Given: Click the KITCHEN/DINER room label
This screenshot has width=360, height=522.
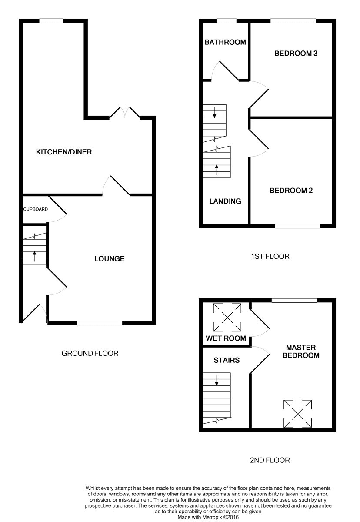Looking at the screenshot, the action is [x=64, y=152].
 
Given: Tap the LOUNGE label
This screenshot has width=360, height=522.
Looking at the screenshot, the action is [x=110, y=258].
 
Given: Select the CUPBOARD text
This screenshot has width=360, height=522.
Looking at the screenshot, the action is [x=35, y=209].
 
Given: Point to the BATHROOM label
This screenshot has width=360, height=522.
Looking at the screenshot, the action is [x=225, y=42].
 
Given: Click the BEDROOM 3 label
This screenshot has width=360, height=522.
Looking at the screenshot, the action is [x=296, y=54].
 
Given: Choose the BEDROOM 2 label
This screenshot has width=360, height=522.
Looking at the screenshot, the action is [x=291, y=191].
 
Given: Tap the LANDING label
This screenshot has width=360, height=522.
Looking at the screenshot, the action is [x=225, y=201].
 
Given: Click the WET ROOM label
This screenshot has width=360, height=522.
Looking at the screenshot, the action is [x=226, y=338].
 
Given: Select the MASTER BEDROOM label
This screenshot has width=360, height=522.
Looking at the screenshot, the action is [x=301, y=351].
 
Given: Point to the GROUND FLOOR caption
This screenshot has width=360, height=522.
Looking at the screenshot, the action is [x=90, y=353].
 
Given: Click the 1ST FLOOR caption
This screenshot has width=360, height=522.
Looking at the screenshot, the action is [x=270, y=256].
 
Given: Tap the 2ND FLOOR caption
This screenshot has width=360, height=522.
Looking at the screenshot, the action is [x=270, y=460].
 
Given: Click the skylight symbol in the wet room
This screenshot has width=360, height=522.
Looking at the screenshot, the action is [x=227, y=318].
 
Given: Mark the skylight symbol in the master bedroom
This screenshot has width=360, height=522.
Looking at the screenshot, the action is [x=297, y=414].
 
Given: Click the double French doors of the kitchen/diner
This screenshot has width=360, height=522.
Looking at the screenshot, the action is [x=125, y=113].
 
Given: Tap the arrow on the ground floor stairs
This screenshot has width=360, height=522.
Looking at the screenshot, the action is [x=35, y=256].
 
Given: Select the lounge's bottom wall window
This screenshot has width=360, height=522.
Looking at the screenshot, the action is [x=100, y=323].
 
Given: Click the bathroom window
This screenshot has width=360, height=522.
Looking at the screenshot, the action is [x=227, y=21].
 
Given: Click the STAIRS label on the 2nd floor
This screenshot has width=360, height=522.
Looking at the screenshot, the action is [x=227, y=360].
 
